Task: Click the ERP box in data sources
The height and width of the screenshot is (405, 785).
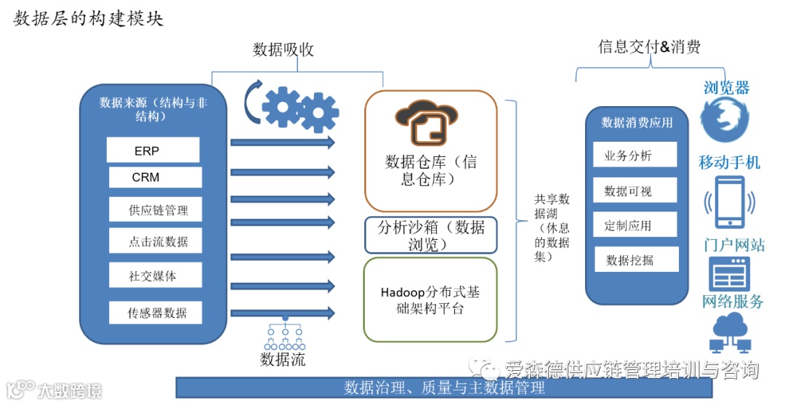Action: coord(153,151)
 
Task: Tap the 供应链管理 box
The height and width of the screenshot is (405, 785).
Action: coord(155,209)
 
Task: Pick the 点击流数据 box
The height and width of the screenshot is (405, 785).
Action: coord(155,241)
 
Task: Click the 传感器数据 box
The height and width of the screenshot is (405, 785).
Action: coord(155,313)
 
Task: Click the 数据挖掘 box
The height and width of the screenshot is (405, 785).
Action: coord(636,260)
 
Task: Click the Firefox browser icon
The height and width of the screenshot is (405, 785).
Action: coord(724,120)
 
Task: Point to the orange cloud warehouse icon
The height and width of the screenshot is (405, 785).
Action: coord(427,122)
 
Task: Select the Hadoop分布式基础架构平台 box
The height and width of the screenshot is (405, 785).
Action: coord(430,300)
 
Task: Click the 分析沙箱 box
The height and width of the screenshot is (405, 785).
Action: coord(430,235)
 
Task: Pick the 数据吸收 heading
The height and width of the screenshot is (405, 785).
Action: coord(283,49)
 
